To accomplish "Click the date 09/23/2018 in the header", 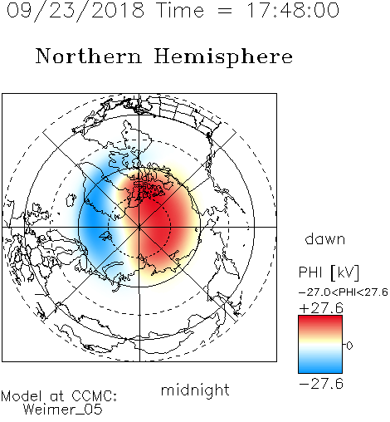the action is coord(76,11).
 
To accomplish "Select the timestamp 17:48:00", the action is coord(293,10).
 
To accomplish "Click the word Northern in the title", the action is coord(89,56).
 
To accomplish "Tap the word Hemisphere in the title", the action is coord(223,57).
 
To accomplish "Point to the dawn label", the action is coord(325,238).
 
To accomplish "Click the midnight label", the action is coord(195,390).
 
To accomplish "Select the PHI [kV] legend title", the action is coord(329,272).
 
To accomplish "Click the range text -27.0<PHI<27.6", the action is coord(344,292).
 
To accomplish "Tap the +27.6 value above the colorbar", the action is coord(321,308).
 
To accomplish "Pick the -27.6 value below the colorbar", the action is coord(321,384).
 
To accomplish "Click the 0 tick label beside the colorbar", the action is coord(349,346).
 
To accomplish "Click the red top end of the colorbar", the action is coord(320,318).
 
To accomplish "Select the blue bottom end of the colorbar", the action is coord(320,370).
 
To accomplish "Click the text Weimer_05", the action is coord(63,410).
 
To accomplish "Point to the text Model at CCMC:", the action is coord(59,396).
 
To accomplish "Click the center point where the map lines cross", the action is coord(139,228).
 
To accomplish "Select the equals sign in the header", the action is coord(225,11).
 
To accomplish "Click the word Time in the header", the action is coord(180,10).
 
